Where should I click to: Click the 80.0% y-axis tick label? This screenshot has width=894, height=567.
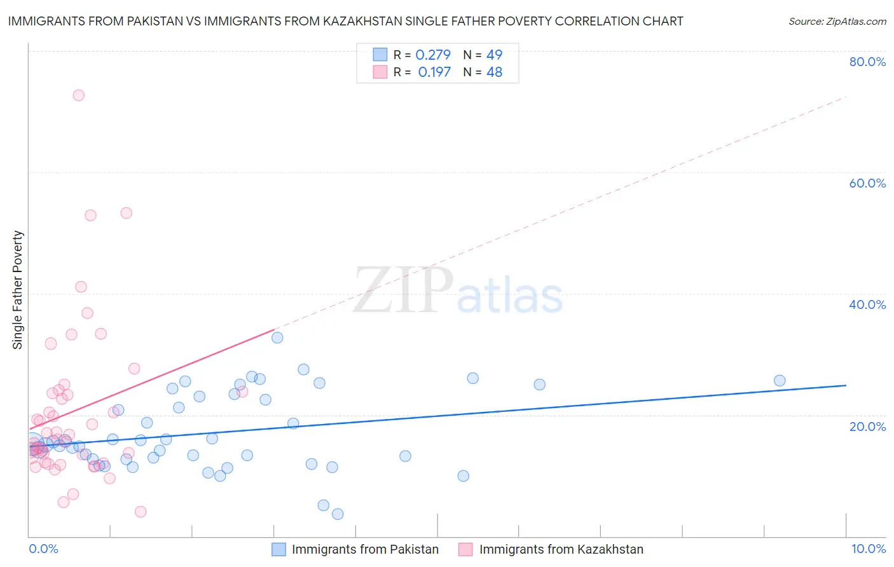tap(867, 62)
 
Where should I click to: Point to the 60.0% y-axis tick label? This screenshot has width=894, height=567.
tap(867, 183)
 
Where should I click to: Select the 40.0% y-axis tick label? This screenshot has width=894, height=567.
tap(867, 304)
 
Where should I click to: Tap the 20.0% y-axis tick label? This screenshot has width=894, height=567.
tap(867, 426)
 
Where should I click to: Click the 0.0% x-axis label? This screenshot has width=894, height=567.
tap(43, 549)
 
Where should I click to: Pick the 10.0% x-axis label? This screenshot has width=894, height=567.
tap(868, 549)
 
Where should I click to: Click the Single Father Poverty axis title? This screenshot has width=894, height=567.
tap(18, 290)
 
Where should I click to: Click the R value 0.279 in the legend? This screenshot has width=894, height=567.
tap(433, 55)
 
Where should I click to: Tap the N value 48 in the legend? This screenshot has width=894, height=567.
tap(494, 72)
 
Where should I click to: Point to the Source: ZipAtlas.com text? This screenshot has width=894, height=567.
tap(837, 21)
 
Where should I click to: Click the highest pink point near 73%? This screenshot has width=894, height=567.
tap(79, 95)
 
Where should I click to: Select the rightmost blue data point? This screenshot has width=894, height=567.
tap(780, 381)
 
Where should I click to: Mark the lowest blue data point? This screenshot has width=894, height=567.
tap(338, 514)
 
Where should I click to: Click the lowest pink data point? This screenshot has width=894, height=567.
tap(141, 512)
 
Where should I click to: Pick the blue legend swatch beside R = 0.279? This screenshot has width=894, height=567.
tap(380, 55)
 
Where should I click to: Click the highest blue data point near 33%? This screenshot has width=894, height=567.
tap(277, 338)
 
